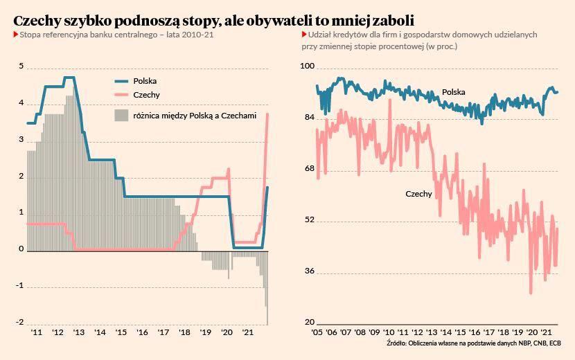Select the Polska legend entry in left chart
pyautogui.click(x=145, y=80)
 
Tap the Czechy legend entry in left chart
pyautogui.click(x=146, y=95)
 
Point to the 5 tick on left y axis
pyautogui.click(x=21, y=66)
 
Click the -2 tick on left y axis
pyautogui.click(x=20, y=323)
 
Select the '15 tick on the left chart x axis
pyautogui.click(x=121, y=332)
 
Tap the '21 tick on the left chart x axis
pyautogui.click(x=248, y=332)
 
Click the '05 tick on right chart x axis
pyautogui.click(x=317, y=332)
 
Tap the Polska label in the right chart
pyautogui.click(x=454, y=92)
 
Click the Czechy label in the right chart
pyautogui.click(x=418, y=194)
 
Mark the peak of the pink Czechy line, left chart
pyautogui.click(x=267, y=114)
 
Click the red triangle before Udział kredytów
pyautogui.click(x=304, y=35)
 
